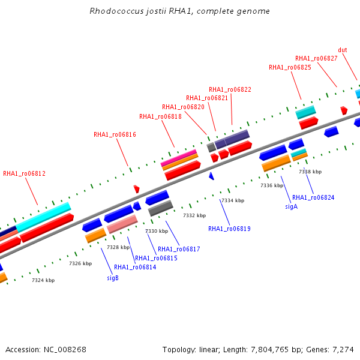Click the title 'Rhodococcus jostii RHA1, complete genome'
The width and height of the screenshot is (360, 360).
click(x=179, y=11)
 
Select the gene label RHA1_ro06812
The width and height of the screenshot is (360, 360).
click(x=25, y=173)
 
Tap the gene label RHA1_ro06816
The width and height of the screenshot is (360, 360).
click(x=115, y=134)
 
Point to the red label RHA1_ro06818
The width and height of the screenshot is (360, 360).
click(x=160, y=116)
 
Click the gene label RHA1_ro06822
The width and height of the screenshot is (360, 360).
click(x=230, y=89)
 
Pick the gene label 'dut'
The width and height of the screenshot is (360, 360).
click(x=343, y=50)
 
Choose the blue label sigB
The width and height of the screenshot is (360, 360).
click(x=113, y=278)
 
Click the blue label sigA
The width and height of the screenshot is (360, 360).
click(x=292, y=206)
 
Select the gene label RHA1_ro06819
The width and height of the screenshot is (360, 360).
click(x=229, y=229)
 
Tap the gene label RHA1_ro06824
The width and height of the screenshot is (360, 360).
click(x=313, y=197)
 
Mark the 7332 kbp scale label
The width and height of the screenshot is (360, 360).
click(x=194, y=215)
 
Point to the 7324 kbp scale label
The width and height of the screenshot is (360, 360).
click(x=43, y=280)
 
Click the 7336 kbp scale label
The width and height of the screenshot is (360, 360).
click(x=272, y=185)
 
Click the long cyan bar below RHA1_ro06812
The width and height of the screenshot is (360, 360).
click(x=43, y=217)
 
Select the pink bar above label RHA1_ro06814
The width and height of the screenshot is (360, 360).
click(x=122, y=224)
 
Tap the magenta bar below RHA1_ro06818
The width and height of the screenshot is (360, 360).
click(x=179, y=157)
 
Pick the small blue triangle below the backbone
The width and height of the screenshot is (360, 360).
click(x=211, y=176)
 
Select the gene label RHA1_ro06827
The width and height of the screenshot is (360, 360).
click(x=316, y=59)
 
